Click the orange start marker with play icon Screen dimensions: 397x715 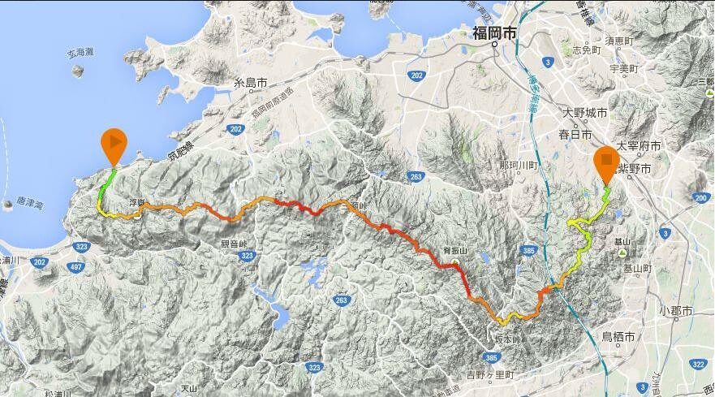click(x=114, y=144)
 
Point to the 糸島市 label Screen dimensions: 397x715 click(x=251, y=83)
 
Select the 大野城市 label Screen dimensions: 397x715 click(x=584, y=112)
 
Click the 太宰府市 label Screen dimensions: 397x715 click(x=639, y=146)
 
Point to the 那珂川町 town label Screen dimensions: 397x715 click(x=520, y=165)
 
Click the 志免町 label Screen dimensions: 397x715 click(x=586, y=50)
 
